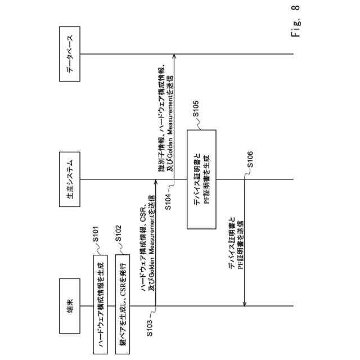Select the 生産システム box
point(68,179)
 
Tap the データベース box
point(68,54)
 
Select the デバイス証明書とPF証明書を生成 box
point(201,179)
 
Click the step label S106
point(250,160)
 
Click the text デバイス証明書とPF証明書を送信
point(236,242)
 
